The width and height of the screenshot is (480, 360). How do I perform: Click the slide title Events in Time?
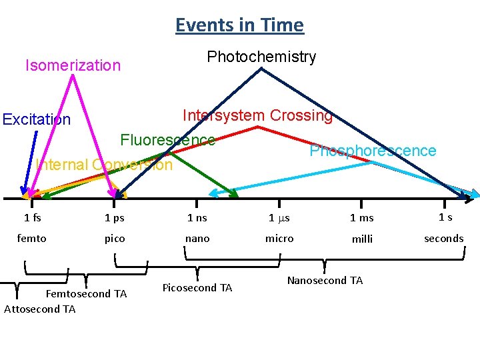pyautogui.click(x=239, y=25)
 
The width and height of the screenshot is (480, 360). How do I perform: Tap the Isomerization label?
pyautogui.click(x=73, y=65)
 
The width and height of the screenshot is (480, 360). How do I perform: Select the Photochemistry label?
pyautogui.click(x=261, y=57)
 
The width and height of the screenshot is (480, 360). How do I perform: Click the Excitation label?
pyautogui.click(x=36, y=119)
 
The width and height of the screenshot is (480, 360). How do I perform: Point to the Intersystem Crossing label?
pyautogui.click(x=257, y=115)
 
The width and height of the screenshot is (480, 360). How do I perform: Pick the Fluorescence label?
pyautogui.click(x=167, y=140)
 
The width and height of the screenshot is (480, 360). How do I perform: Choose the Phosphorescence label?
pyautogui.click(x=373, y=151)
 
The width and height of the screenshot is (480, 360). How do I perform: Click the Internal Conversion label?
pyautogui.click(x=105, y=165)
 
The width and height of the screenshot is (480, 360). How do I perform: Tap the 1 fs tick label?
pyautogui.click(x=32, y=217)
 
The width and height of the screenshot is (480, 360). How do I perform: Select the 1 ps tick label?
pyautogui.click(x=114, y=217)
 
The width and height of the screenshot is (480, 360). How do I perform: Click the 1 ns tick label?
pyautogui.click(x=197, y=217)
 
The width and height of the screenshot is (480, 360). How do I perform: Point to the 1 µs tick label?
pyautogui.click(x=279, y=217)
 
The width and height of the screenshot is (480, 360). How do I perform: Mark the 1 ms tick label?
pyautogui.click(x=362, y=217)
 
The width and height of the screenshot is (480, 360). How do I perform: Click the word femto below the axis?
pyautogui.click(x=32, y=238)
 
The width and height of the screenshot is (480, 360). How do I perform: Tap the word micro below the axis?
pyautogui.click(x=279, y=238)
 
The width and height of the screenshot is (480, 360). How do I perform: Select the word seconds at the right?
pyautogui.click(x=443, y=238)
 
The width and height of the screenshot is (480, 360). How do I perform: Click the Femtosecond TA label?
pyautogui.click(x=86, y=294)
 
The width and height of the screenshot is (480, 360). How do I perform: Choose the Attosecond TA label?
pyautogui.click(x=40, y=309)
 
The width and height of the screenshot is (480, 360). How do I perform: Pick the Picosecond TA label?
pyautogui.click(x=197, y=288)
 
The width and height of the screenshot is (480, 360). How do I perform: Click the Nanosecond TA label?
pyautogui.click(x=325, y=281)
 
